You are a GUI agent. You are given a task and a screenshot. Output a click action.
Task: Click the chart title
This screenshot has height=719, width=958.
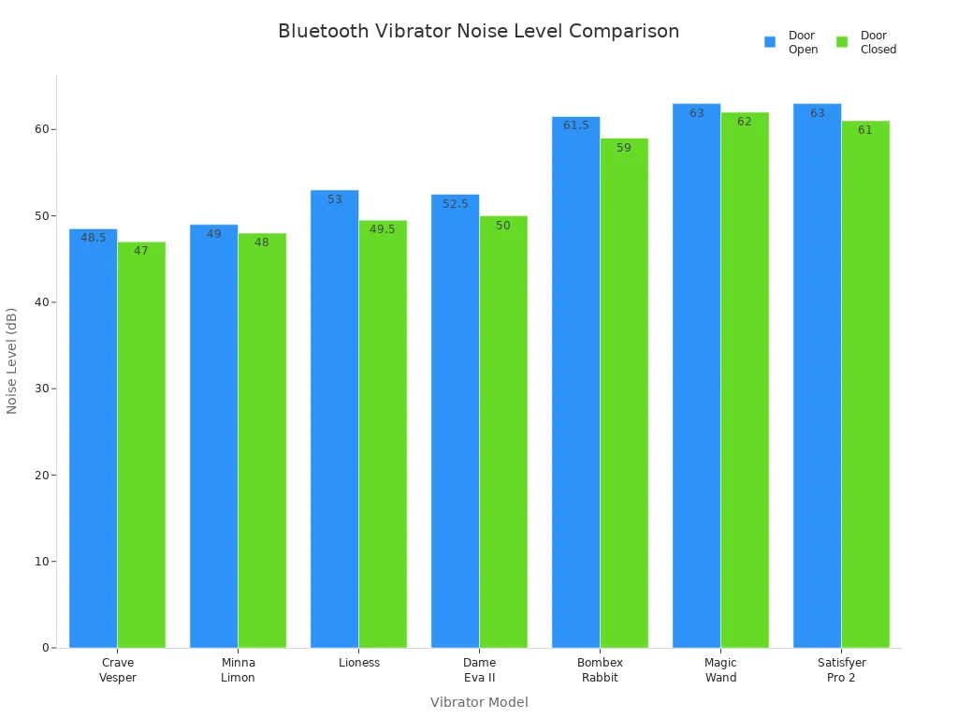click(x=478, y=31)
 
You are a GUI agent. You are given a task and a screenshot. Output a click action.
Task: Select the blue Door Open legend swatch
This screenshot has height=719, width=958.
click(x=770, y=42)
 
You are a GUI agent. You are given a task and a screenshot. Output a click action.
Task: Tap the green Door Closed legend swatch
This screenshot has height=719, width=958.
click(x=842, y=42)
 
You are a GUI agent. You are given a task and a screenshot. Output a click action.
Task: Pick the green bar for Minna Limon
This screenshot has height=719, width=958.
click(x=262, y=440)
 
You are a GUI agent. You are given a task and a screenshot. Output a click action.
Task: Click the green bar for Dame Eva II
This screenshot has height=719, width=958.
click(x=503, y=432)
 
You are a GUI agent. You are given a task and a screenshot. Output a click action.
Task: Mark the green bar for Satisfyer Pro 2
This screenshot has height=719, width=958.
click(x=865, y=384)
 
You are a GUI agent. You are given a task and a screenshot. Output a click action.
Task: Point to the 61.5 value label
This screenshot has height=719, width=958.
click(x=575, y=125)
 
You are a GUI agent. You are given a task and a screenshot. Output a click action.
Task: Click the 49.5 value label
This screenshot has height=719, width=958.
click(x=383, y=229)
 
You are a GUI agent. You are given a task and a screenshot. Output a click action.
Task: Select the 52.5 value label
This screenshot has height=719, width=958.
click(x=455, y=204)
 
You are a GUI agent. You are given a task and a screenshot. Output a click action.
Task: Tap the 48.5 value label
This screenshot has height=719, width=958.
click(x=93, y=238)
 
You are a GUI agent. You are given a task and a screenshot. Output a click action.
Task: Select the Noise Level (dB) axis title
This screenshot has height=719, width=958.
click(x=12, y=360)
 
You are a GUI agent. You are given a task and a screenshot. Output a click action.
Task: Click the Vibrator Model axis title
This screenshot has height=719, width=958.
click(x=479, y=702)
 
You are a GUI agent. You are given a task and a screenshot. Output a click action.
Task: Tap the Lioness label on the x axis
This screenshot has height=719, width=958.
click(x=359, y=663)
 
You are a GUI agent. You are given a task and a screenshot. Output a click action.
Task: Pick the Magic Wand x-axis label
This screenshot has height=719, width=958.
click(x=720, y=670)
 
